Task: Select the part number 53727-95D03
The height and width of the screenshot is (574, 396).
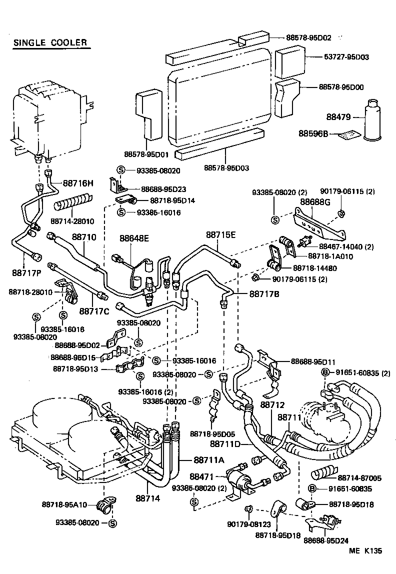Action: (344, 57)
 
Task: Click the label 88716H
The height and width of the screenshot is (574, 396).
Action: (78, 183)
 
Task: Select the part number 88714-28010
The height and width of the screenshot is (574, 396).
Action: (72, 220)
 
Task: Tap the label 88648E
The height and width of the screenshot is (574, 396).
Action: (134, 238)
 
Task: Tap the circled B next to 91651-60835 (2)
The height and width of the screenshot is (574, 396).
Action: (325, 372)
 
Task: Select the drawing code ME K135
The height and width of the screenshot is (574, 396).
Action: (365, 551)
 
